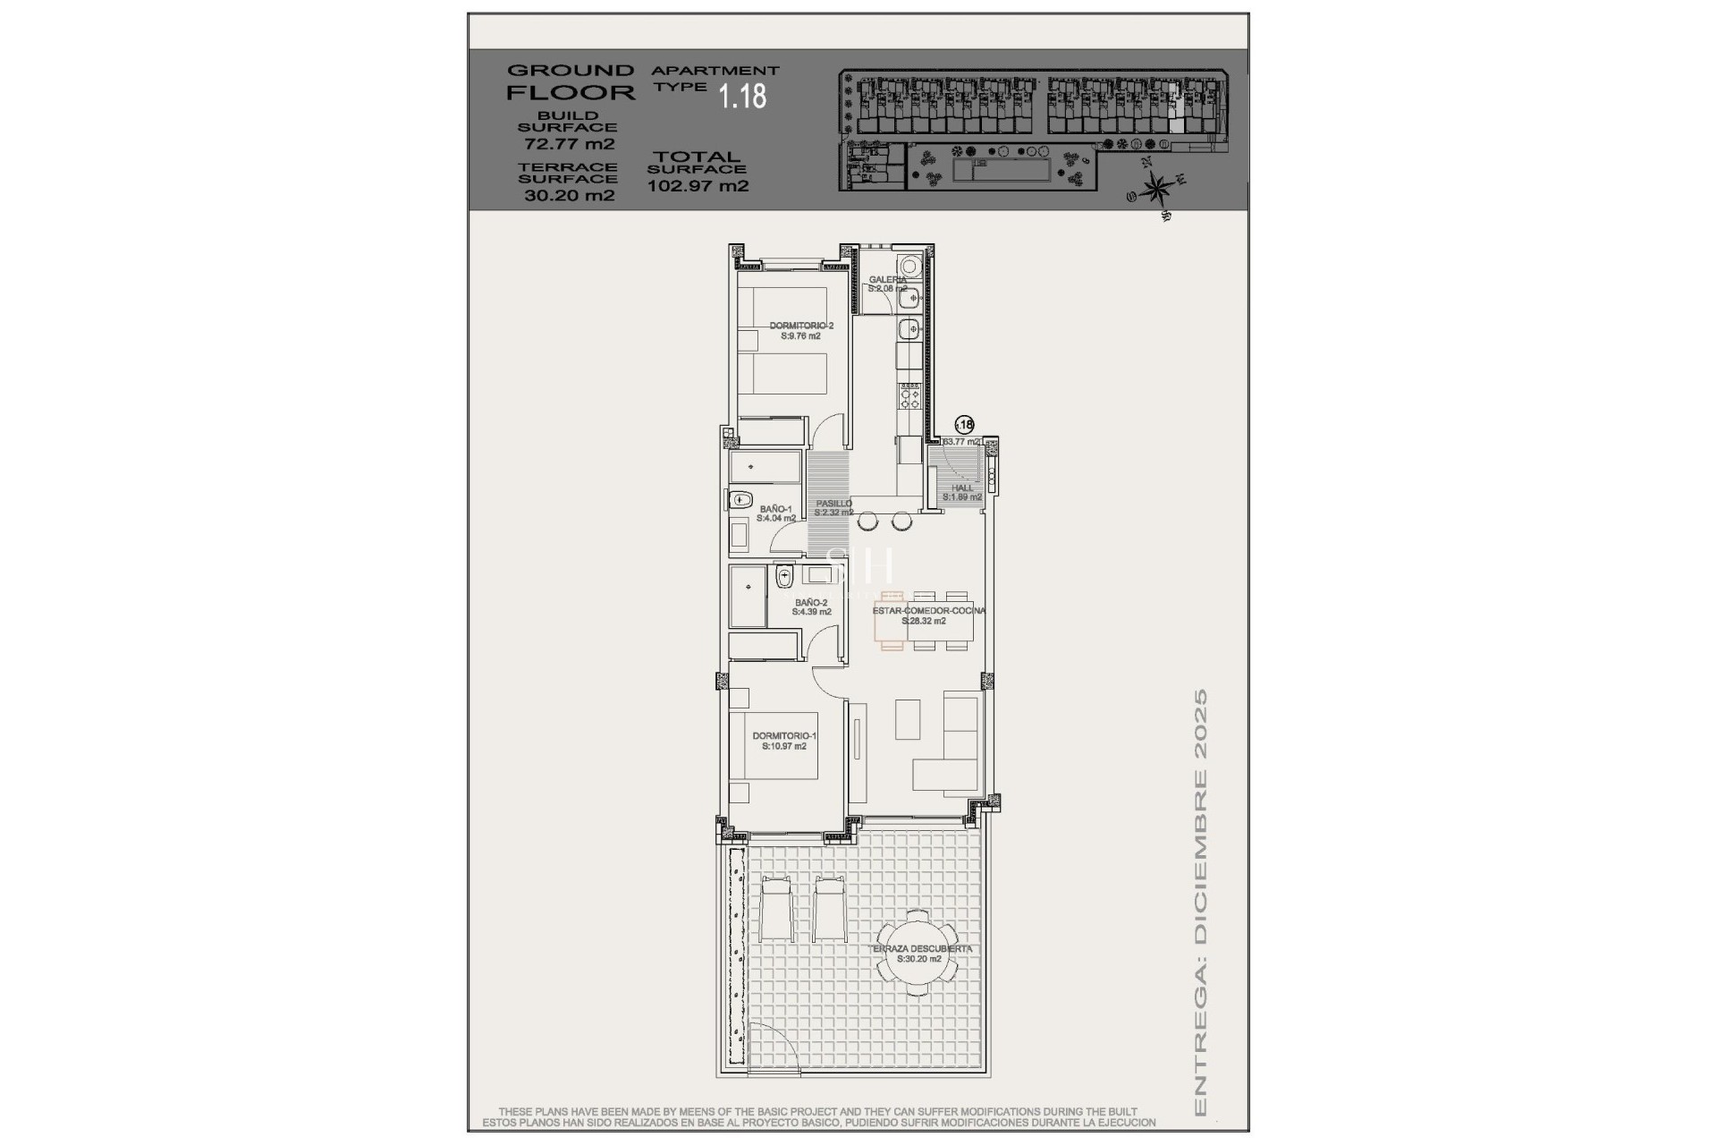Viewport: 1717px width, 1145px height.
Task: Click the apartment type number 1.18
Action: coord(743,96)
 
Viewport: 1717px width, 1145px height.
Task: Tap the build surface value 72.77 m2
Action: coord(569,143)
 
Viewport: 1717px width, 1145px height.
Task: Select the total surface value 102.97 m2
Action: coord(698,186)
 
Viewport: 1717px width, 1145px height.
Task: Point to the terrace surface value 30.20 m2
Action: coord(569,195)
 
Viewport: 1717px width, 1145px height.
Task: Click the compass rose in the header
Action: coord(1158,188)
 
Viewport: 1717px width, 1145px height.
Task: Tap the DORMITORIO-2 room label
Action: coord(801,331)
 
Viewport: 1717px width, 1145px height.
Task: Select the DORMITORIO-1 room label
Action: coord(784,741)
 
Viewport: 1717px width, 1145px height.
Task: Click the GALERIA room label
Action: coord(887,284)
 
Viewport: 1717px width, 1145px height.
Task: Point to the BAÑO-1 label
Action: coord(775,513)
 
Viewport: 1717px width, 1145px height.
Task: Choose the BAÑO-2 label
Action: coord(811,606)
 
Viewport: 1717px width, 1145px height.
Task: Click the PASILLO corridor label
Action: coord(833,507)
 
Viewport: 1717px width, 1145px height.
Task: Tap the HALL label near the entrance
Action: coord(962,492)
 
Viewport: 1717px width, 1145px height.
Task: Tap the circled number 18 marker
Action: coord(965,426)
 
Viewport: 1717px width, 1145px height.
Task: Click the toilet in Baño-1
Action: coord(740,501)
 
